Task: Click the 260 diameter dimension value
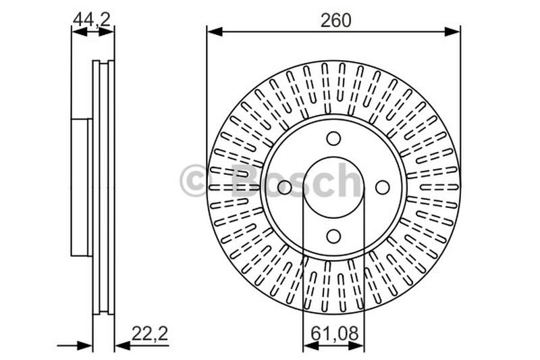coord(335,20)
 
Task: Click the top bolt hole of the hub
coord(333,138)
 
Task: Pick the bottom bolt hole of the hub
coord(333,236)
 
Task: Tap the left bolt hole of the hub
coord(285,187)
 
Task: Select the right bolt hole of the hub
coord(382,187)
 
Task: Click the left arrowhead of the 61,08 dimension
coord(310,346)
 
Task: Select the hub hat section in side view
coord(80,187)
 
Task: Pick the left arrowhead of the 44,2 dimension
coord(77,31)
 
